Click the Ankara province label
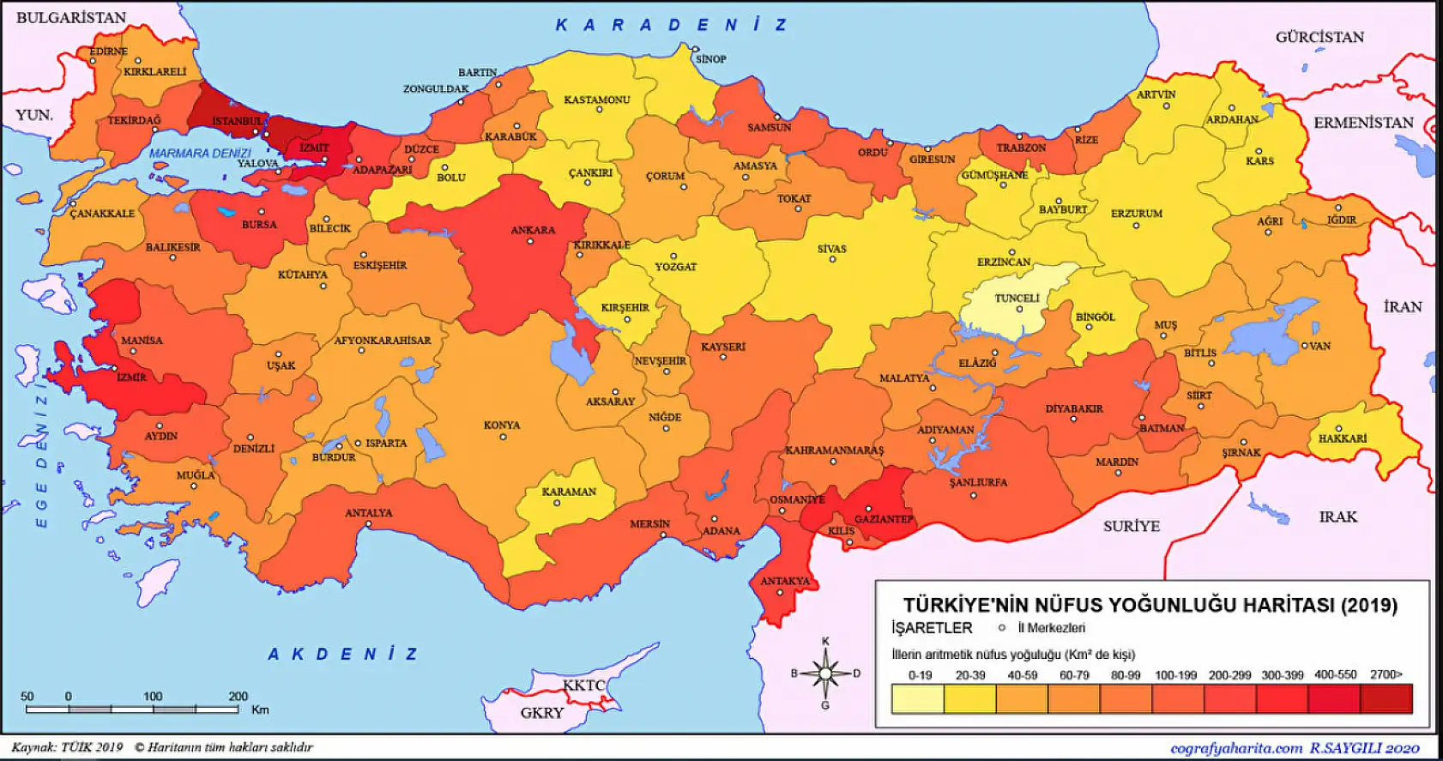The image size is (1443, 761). (x=533, y=230)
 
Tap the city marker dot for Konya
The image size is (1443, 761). (x=503, y=437)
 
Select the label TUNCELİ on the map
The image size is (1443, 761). (x=1017, y=299)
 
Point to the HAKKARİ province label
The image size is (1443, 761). (x=1343, y=438)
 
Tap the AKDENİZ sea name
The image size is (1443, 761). (x=343, y=655)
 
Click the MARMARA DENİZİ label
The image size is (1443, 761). (x=200, y=154)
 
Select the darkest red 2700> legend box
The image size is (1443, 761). (x=1386, y=699)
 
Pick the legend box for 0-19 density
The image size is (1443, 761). (x=918, y=699)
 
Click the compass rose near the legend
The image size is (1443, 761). (x=825, y=673)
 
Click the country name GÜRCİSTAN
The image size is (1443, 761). (x=1319, y=37)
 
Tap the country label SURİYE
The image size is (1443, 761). (x=1131, y=526)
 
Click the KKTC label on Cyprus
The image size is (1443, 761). (x=583, y=686)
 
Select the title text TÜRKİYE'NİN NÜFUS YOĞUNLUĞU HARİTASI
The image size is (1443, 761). (x=1150, y=605)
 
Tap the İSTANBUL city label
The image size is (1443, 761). (x=238, y=121)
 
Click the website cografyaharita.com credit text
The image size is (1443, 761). (x=1236, y=748)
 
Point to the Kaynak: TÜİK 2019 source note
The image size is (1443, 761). (x=67, y=747)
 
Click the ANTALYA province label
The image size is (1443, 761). (x=369, y=513)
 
